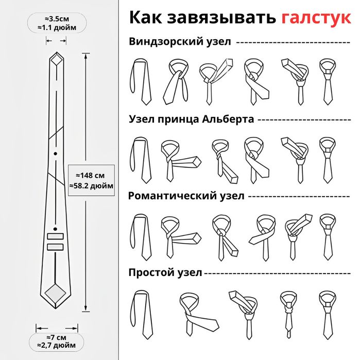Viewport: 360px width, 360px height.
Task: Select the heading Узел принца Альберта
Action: pos(191,119)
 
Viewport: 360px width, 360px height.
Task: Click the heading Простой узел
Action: pos(165,272)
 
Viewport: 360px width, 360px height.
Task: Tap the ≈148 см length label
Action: pos(91,174)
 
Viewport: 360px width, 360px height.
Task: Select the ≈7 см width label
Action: pos(57,337)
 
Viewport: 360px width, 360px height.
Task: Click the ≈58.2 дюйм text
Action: pos(91,185)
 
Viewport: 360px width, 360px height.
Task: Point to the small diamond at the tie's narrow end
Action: pos(56,61)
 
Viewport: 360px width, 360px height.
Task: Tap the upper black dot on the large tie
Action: pos(55,153)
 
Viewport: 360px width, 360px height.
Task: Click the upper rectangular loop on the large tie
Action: pos(55,236)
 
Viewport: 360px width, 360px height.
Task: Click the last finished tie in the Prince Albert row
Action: pos(327,160)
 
